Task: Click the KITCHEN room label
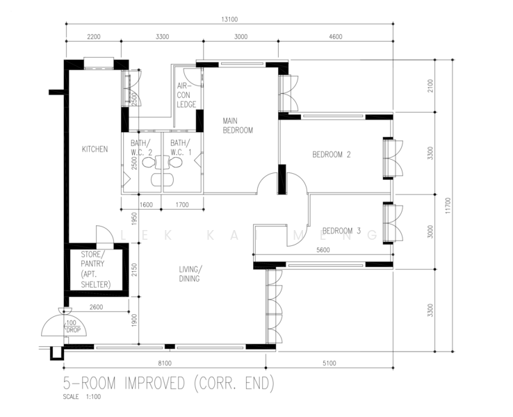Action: (95, 149)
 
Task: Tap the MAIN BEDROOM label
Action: (237, 125)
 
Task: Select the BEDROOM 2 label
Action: (331, 154)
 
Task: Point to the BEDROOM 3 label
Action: (341, 230)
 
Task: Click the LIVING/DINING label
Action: (188, 274)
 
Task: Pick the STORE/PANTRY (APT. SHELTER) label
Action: (95, 269)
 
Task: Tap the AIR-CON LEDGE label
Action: (186, 95)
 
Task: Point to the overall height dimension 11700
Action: (467, 206)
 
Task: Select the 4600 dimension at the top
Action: (336, 36)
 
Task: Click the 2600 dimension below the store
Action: (96, 306)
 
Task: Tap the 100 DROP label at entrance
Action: (72, 326)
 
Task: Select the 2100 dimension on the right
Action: (430, 85)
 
